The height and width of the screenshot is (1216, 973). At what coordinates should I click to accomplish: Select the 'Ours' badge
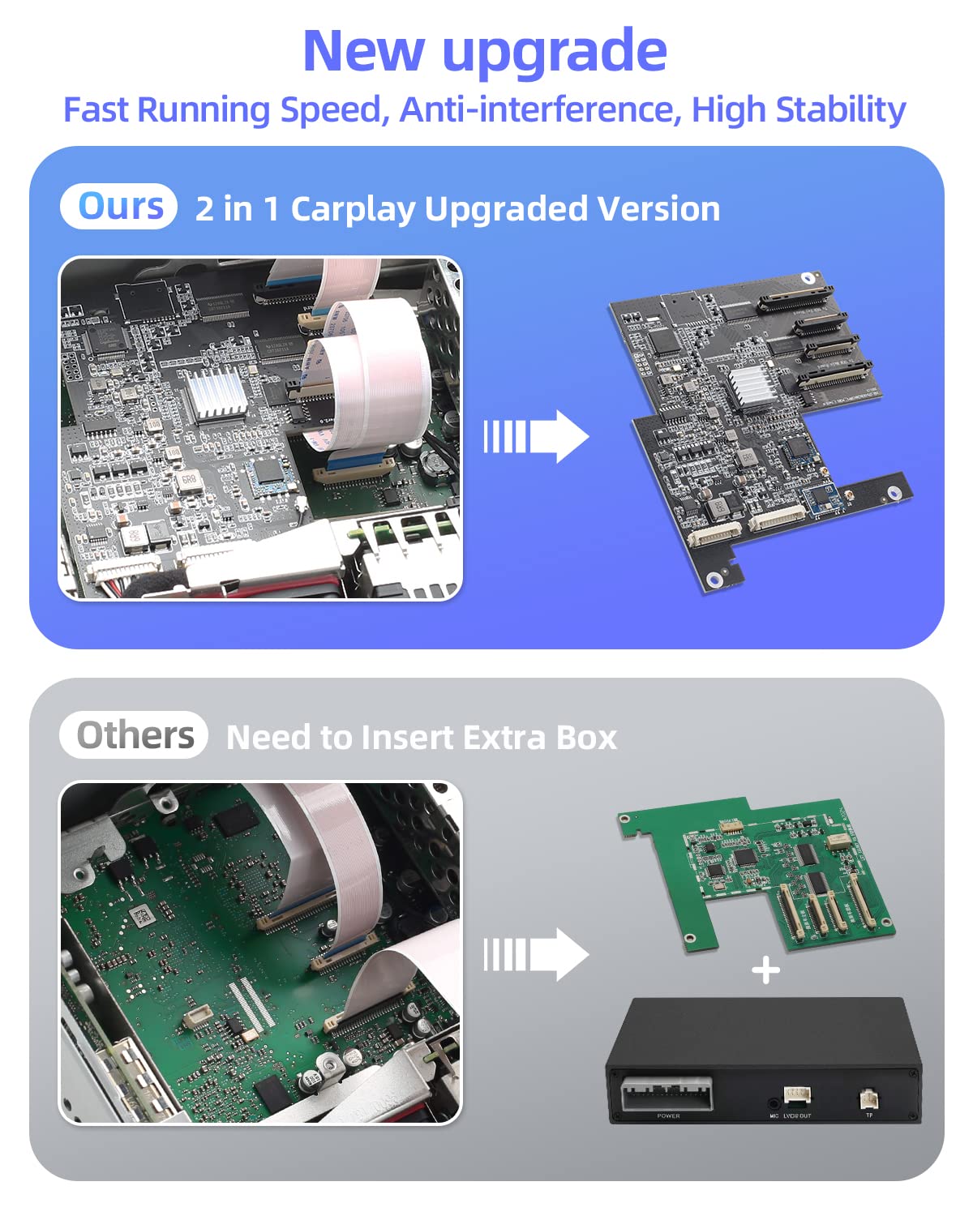coord(119,208)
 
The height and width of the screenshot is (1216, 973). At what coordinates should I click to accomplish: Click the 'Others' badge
coord(134,735)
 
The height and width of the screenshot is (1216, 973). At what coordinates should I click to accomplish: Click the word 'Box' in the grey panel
coord(587,738)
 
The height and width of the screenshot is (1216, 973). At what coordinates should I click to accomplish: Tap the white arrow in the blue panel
coord(536,437)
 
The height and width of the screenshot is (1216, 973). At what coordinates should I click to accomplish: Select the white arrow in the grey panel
coord(536,954)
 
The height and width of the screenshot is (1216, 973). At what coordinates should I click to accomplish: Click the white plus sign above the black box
coord(765,970)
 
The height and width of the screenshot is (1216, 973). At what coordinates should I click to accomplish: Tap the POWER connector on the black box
coord(667,1094)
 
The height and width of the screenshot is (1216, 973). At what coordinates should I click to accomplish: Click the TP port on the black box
coord(868,1099)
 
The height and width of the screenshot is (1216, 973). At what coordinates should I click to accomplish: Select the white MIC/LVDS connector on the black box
coord(796,1097)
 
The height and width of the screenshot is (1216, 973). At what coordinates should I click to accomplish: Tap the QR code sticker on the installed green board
coord(143,917)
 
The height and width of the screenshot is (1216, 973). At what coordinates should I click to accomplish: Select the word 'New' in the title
coord(362,51)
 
